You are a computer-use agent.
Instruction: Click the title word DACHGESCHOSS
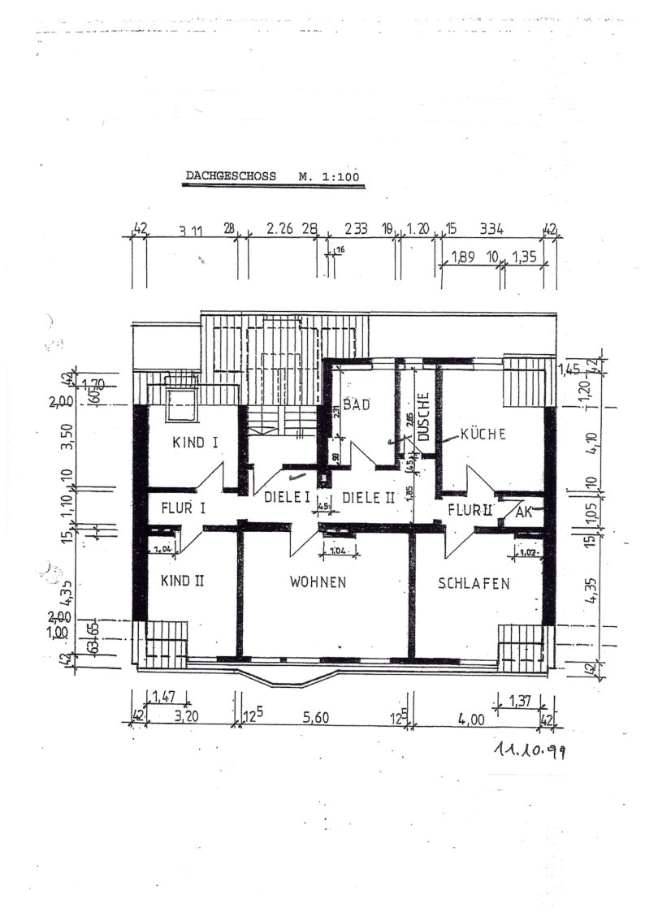pos(231,175)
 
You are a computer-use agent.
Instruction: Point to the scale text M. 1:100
pos(327,175)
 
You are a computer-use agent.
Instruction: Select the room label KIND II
pos(182,581)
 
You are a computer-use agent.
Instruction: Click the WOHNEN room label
pos(318,582)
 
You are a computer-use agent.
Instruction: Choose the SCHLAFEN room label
pos(474,583)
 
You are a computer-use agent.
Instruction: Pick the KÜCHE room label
pos(483,434)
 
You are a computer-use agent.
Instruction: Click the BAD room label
pos(355,404)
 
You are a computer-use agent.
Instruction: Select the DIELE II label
pos(366,498)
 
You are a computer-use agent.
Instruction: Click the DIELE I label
pos(284,497)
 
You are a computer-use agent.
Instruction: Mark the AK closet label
pos(523,512)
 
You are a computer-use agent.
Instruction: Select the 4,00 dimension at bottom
pos(471,718)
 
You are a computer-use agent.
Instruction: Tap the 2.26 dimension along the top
pos(279,230)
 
